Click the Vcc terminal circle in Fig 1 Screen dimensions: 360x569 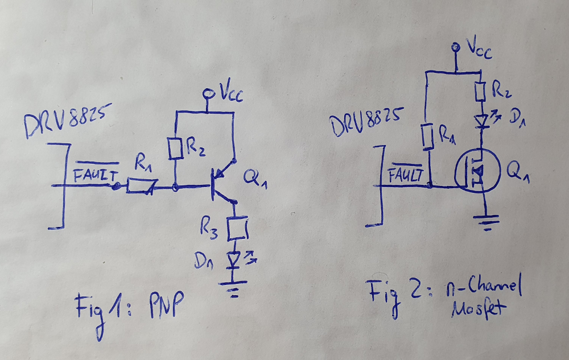click(x=209, y=93)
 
